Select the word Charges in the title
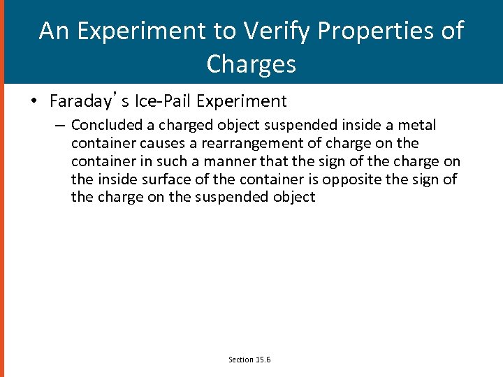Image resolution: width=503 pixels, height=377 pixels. point(251,64)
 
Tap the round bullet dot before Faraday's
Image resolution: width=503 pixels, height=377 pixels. point(34,102)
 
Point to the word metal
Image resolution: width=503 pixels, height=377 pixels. point(416,125)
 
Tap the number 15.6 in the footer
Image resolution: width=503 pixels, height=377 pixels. point(263,360)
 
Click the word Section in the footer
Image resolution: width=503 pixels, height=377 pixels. point(241,360)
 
